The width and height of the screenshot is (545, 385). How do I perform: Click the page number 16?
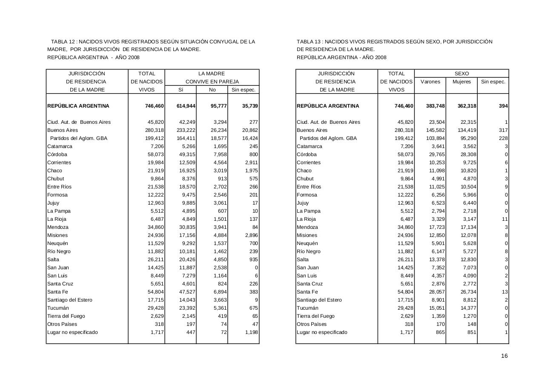pyautogui.click(x=504, y=356)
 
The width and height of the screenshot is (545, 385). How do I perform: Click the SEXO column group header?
pyautogui.click(x=462, y=74)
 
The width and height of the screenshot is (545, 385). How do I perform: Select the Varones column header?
pyautogui.click(x=430, y=82)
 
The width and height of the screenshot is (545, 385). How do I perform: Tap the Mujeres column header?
pyautogui.click(x=462, y=82)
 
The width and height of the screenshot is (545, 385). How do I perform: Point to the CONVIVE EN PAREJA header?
pyautogui.click(x=212, y=82)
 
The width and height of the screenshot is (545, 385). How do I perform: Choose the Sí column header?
pyautogui.click(x=181, y=90)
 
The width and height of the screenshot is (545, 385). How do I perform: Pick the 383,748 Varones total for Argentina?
pyautogui.click(x=435, y=106)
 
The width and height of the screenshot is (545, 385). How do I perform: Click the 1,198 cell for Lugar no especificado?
pyautogui.click(x=252, y=332)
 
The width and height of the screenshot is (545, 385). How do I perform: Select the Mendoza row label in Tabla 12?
pyautogui.click(x=57, y=227)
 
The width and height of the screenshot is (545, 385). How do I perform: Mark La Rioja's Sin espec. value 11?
pyautogui.click(x=505, y=219)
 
